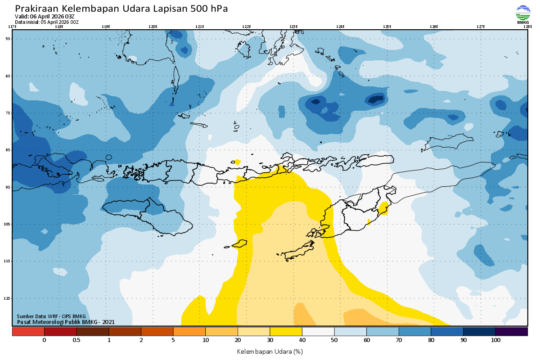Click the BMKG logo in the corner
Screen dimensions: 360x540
tap(522, 14)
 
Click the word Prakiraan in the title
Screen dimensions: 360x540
tap(36, 9)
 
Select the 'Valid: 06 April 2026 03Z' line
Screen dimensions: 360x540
tap(45, 17)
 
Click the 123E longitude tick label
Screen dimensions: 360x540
tap(293, 27)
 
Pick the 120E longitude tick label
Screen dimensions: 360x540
tap(153, 27)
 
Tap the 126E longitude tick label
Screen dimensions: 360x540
tap(434, 27)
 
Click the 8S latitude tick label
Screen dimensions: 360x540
tap(8, 150)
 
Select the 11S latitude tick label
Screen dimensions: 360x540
tap(8, 261)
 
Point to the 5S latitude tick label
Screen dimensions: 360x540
tap(8, 39)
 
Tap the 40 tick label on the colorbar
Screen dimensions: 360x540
tap(302, 340)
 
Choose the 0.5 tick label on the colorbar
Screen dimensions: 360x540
tap(76, 340)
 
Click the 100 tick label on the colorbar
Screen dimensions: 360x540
tap(495, 340)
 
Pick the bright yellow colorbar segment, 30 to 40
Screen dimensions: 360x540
tap(286, 332)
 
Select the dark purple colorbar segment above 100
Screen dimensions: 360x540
tap(511, 332)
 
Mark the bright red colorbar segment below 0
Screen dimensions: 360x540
tap(28, 332)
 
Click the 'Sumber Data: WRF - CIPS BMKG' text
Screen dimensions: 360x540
tap(51, 316)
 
